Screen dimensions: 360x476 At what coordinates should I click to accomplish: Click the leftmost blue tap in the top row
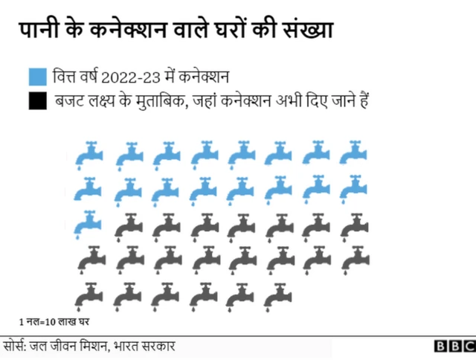click(91, 153)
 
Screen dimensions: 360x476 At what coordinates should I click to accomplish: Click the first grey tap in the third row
click(128, 224)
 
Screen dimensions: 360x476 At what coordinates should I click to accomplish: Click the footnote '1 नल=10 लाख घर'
click(51, 323)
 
